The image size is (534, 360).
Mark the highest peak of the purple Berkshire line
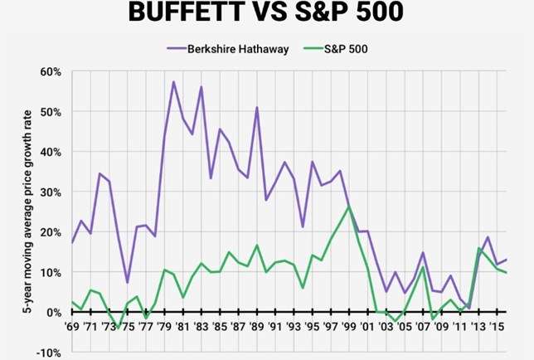(173, 81)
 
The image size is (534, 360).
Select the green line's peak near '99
(349, 205)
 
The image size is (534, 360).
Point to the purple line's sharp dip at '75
(127, 282)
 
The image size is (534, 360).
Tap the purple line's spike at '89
(257, 108)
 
